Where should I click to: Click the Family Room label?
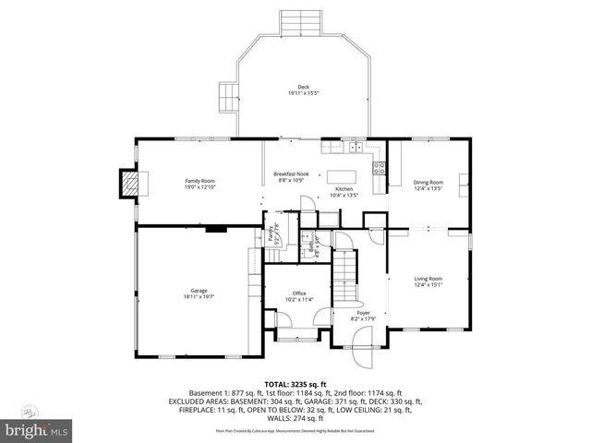199,180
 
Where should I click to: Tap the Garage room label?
191,291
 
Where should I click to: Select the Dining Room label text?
428,182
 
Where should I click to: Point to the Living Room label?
428,279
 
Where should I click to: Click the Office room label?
299,293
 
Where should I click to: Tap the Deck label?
303,88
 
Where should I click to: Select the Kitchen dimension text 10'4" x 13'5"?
344,195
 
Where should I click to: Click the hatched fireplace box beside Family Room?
133,183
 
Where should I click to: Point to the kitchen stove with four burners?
378,166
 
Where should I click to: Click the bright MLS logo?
36,429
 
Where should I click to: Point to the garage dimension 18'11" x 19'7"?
191,297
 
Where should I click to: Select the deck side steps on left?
226,96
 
